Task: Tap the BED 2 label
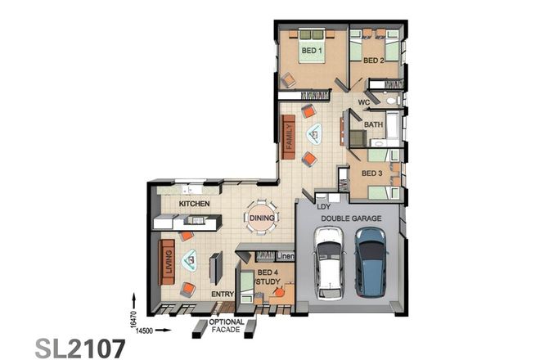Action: coord(374,61)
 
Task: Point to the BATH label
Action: coord(374,124)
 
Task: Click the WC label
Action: coord(364,103)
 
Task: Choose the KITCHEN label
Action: coord(195,203)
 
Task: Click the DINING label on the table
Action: coord(262,218)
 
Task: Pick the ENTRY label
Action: coord(223,294)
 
